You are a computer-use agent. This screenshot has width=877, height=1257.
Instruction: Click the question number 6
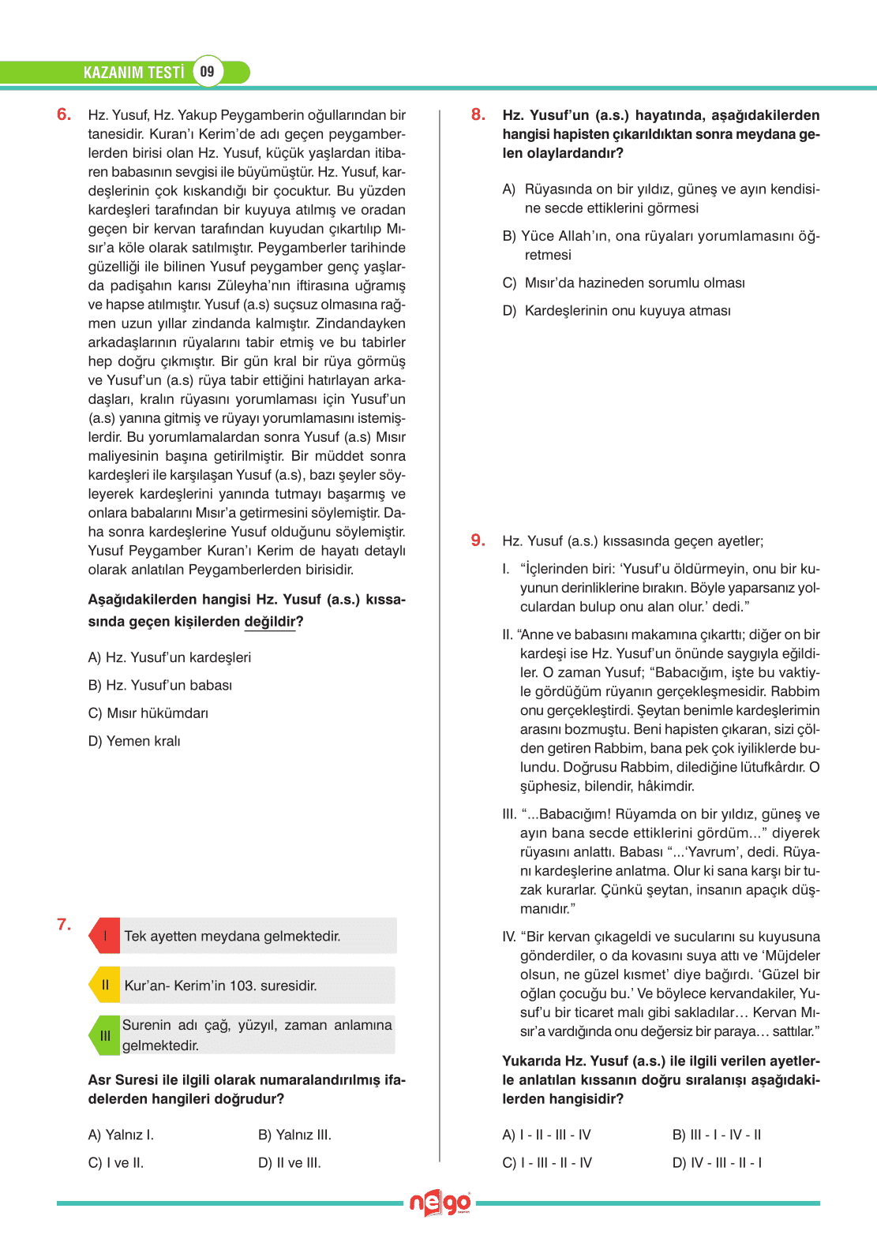pos(64,114)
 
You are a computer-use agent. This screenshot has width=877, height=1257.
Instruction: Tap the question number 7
pos(64,924)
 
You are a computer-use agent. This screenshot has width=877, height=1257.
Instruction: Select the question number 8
pos(478,114)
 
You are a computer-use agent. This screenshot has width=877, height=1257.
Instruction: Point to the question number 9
pos(478,540)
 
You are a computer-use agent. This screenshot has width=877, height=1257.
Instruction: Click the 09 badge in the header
pos(207,72)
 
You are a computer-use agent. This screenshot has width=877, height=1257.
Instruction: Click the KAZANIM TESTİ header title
pos(133,73)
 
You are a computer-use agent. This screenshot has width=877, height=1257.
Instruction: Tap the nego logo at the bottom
pos(440,1203)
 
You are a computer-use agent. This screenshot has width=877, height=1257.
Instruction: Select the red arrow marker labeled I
pos(105,936)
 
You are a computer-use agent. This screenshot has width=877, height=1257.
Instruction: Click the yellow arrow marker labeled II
pos(105,985)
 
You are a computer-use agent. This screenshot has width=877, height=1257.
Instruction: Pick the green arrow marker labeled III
pos(105,1035)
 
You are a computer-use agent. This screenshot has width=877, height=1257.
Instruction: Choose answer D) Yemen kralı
pos(134,741)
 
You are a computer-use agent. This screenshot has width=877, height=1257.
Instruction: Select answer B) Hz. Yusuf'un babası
pos(160,685)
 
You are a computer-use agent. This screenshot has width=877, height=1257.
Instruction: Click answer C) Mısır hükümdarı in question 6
pos(148,713)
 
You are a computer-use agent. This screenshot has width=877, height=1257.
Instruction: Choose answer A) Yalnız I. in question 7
pos(121,1135)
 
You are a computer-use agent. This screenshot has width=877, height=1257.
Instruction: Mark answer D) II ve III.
pos(290,1162)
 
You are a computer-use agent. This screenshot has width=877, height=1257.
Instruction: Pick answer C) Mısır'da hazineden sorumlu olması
pos(624,282)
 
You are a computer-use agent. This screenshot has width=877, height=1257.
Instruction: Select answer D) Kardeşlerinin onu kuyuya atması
pos(617,310)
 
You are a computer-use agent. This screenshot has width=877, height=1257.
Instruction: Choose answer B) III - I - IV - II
pos(717,1135)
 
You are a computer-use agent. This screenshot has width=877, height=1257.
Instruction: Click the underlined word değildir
pos(270,622)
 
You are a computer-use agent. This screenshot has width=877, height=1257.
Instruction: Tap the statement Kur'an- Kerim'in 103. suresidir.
pos(220,986)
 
